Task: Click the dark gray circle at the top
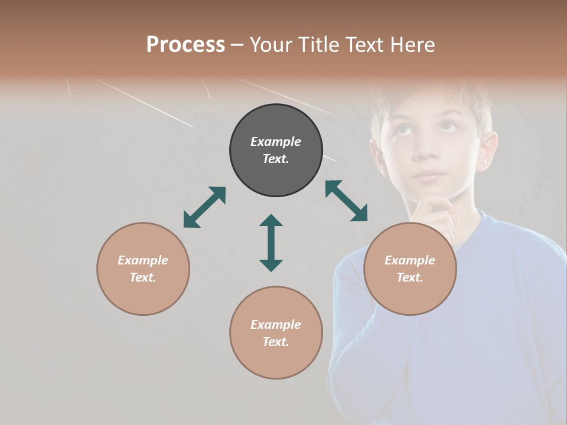pos(276,150)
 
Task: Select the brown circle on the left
pos(143,269)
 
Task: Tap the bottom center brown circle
pos(276,333)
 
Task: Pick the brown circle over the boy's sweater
pos(409,269)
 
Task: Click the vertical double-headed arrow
pos(271,243)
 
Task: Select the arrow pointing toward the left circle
pos(204,207)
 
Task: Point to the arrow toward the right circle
pos(346,201)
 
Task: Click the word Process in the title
pos(185,45)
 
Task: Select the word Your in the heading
pos(270,45)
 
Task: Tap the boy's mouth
pos(429,175)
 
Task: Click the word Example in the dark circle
pos(276,142)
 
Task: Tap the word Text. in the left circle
pos(143,277)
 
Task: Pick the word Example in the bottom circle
pos(276,325)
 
